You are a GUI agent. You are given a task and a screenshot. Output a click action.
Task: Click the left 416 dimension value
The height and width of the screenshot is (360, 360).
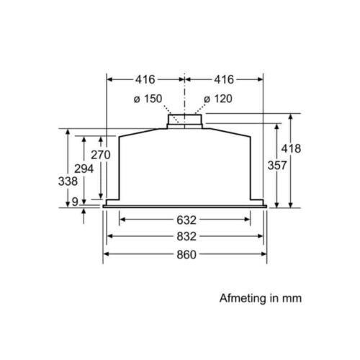click(x=145, y=79)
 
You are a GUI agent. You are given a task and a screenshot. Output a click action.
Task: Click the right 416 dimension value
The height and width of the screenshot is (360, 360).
click(x=224, y=79)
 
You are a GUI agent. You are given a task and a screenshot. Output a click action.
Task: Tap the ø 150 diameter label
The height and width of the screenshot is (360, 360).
click(x=148, y=99)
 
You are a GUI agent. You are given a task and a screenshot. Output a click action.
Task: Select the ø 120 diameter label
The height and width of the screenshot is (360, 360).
click(x=218, y=99)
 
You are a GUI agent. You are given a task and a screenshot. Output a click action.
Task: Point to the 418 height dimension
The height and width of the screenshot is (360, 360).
click(x=291, y=148)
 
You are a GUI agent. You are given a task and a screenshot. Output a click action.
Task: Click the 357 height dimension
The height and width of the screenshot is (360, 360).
click(x=277, y=166)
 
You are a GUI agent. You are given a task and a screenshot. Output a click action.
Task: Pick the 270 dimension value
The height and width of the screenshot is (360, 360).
click(x=101, y=155)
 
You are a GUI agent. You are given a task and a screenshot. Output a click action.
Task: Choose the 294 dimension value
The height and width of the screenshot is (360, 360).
click(x=84, y=168)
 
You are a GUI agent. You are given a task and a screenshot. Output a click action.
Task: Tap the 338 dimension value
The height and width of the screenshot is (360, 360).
click(x=68, y=181)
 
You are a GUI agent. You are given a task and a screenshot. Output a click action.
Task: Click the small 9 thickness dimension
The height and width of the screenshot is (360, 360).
click(x=75, y=202)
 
